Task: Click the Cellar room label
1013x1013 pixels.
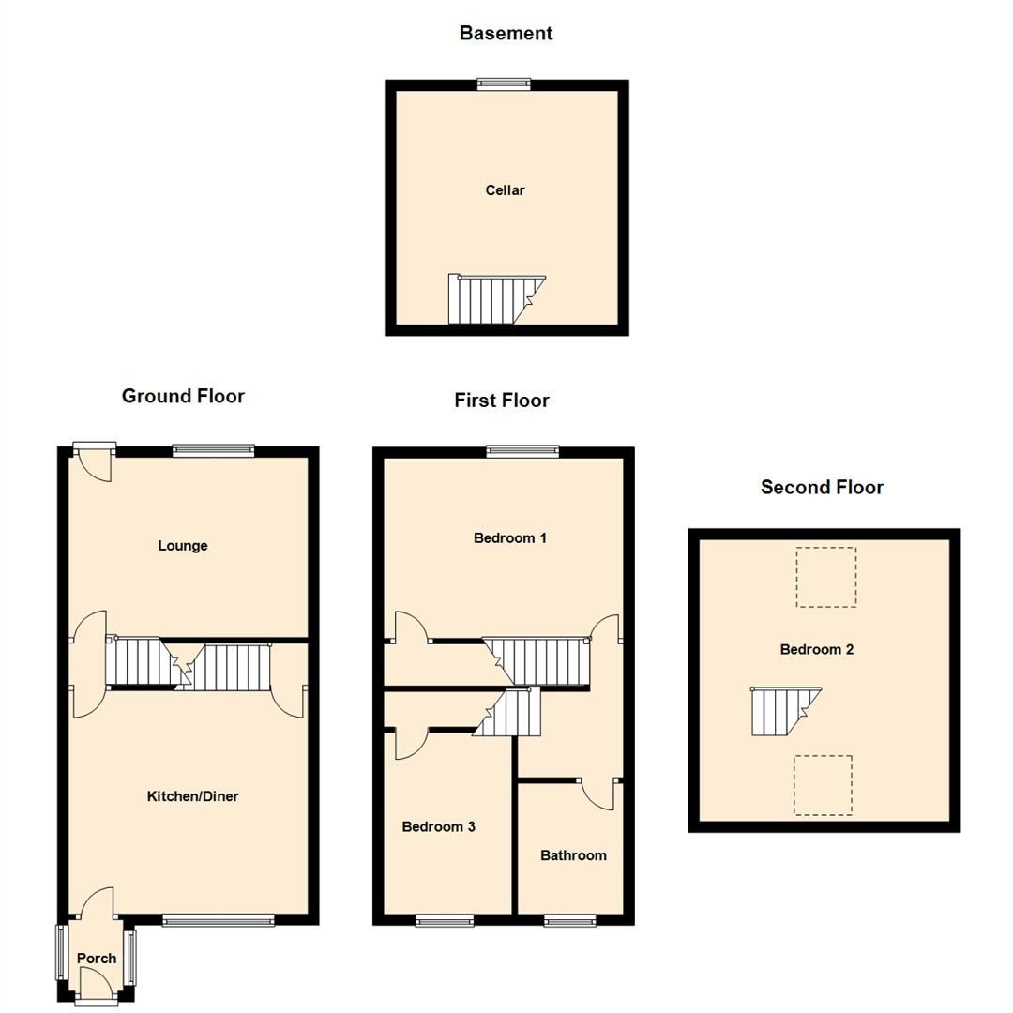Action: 505,190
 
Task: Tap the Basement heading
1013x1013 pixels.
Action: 506,34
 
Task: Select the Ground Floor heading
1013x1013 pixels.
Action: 183,396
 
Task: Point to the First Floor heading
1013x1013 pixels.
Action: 502,401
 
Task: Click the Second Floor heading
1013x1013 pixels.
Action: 822,488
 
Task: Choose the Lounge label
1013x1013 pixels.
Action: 183,546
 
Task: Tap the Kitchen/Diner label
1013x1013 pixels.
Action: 193,796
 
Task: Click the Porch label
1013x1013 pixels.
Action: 97,959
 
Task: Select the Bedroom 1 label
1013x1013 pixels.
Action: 510,538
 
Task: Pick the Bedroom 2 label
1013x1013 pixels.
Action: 817,649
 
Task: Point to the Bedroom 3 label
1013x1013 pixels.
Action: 438,826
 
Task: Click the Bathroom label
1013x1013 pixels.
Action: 573,855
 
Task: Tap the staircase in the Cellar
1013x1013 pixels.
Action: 493,299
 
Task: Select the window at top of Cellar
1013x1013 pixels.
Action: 504,84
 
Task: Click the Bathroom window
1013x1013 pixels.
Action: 569,921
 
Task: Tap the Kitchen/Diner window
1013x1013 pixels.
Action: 218,921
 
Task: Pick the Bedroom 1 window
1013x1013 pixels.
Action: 522,452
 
